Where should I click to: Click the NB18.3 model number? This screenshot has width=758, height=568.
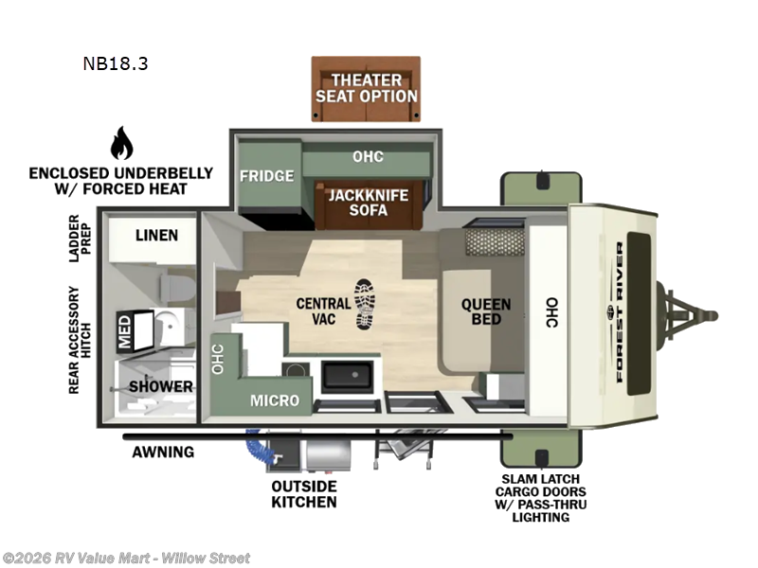[x=115, y=64]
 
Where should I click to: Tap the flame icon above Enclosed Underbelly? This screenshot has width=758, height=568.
[x=121, y=143]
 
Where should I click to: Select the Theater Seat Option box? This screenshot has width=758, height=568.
[x=367, y=88]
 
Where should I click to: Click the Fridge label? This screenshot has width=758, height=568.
[x=266, y=175]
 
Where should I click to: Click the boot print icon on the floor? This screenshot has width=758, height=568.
[x=365, y=304]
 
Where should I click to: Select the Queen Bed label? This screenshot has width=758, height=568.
[x=486, y=311]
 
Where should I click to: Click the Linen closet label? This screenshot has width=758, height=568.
[x=156, y=235]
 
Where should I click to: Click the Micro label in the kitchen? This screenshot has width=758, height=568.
[x=275, y=400]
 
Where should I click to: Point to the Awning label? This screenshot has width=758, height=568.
[x=163, y=452]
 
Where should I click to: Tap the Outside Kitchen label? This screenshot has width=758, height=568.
[x=304, y=493]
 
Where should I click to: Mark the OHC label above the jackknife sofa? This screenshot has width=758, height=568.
[x=368, y=156]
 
